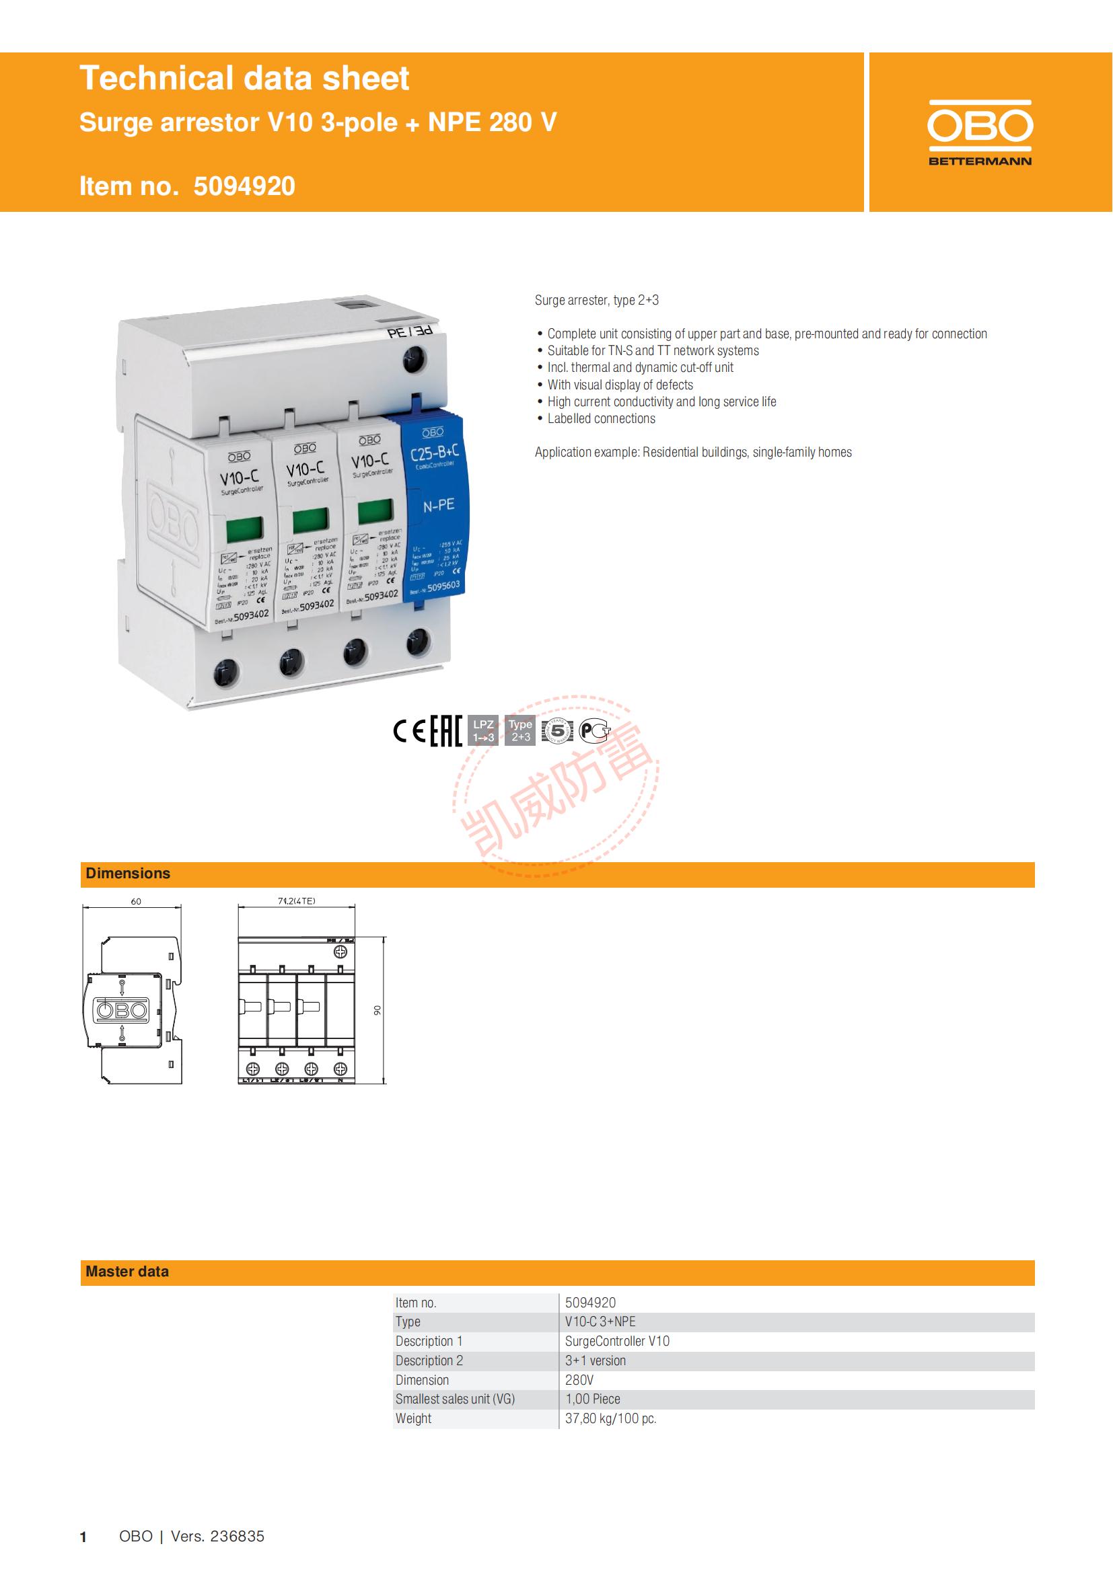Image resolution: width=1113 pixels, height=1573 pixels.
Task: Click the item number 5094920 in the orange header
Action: click(244, 186)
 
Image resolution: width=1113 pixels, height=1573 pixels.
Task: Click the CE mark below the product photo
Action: click(410, 732)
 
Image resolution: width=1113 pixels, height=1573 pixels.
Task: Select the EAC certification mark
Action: click(445, 732)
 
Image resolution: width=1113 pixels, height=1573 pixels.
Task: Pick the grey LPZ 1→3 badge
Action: click(483, 731)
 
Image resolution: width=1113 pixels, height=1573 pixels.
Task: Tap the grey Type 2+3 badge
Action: click(520, 731)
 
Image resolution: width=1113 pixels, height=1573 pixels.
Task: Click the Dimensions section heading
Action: click(127, 874)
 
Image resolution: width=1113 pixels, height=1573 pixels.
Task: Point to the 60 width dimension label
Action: click(136, 902)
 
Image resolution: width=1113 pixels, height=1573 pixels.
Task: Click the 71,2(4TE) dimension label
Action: click(296, 901)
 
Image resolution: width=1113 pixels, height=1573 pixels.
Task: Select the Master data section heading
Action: click(127, 1272)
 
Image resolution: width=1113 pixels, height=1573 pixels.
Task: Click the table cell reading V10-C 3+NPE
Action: click(600, 1321)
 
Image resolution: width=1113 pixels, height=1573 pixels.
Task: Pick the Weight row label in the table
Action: click(413, 1418)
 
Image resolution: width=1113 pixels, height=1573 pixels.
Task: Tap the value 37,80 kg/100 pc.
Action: click(610, 1418)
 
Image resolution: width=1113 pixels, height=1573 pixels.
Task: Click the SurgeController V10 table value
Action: click(617, 1341)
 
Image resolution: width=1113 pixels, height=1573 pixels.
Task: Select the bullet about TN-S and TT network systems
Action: click(653, 351)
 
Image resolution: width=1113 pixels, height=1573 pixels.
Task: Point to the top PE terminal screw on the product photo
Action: click(413, 358)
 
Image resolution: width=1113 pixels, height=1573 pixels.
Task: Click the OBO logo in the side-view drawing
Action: click(120, 1010)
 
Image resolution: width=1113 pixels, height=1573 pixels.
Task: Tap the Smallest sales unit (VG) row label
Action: click(454, 1399)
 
